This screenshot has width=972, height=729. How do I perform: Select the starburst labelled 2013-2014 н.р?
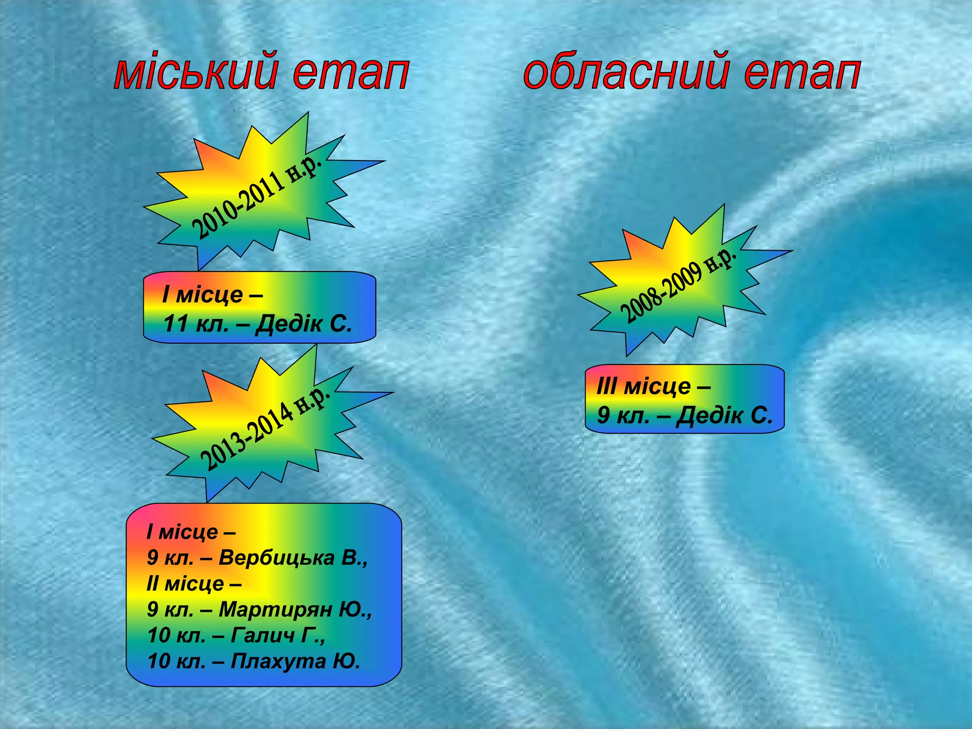[x=266, y=427]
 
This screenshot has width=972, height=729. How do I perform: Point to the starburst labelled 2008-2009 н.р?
[x=679, y=285]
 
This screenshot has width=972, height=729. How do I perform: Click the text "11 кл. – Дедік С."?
[x=258, y=324]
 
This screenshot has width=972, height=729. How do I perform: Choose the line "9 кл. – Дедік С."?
[x=685, y=415]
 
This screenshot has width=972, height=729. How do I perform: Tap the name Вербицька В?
[x=293, y=558]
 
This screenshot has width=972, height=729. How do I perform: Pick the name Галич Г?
[x=278, y=635]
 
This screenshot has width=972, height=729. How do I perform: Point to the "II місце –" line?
[x=194, y=583]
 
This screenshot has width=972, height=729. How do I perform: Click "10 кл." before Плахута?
[x=176, y=661]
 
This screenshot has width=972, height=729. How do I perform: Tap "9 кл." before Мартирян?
[x=170, y=609]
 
